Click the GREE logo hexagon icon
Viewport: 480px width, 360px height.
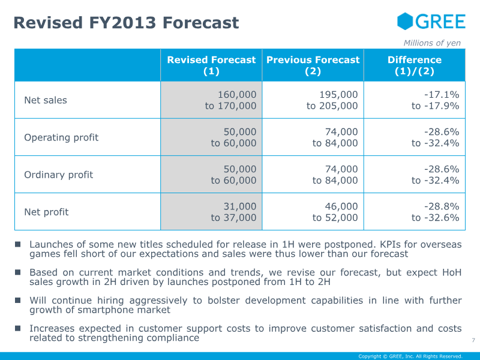[406, 22]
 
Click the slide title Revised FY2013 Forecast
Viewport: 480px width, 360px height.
[126, 23]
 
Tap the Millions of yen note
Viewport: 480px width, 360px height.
[432, 43]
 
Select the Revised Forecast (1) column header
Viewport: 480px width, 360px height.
[211, 65]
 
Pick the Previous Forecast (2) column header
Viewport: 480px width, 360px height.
[313, 65]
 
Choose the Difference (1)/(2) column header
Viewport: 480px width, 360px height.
[414, 65]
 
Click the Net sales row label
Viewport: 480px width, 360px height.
[46, 100]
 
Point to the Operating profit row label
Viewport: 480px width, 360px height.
[61, 137]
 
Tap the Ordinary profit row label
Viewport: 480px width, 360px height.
[59, 175]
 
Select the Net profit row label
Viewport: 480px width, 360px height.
[46, 212]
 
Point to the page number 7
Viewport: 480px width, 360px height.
[473, 341]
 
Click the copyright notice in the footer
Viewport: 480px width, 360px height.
[410, 356]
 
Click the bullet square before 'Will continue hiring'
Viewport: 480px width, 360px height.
[18, 300]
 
